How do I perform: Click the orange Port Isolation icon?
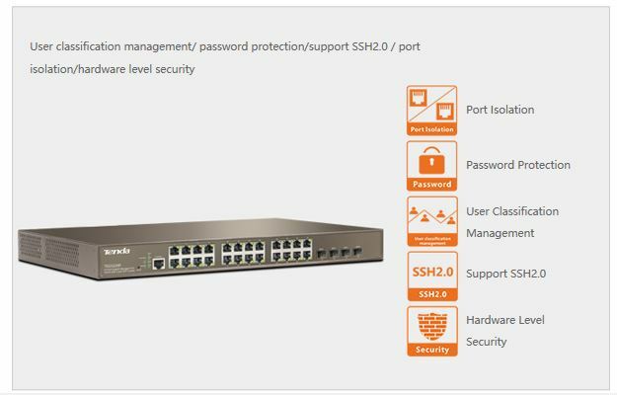432,110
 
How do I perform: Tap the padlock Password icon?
432,165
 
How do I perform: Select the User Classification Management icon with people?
432,221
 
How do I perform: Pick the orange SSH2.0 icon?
432,276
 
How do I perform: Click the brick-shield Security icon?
432,330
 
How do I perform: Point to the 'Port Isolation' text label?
500,110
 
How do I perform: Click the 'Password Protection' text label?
518,165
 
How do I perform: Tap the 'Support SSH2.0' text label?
505,274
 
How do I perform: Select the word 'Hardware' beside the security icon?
491,320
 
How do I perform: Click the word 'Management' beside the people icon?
500,233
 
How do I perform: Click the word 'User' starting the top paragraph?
40,46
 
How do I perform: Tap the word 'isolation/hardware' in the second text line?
74,69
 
